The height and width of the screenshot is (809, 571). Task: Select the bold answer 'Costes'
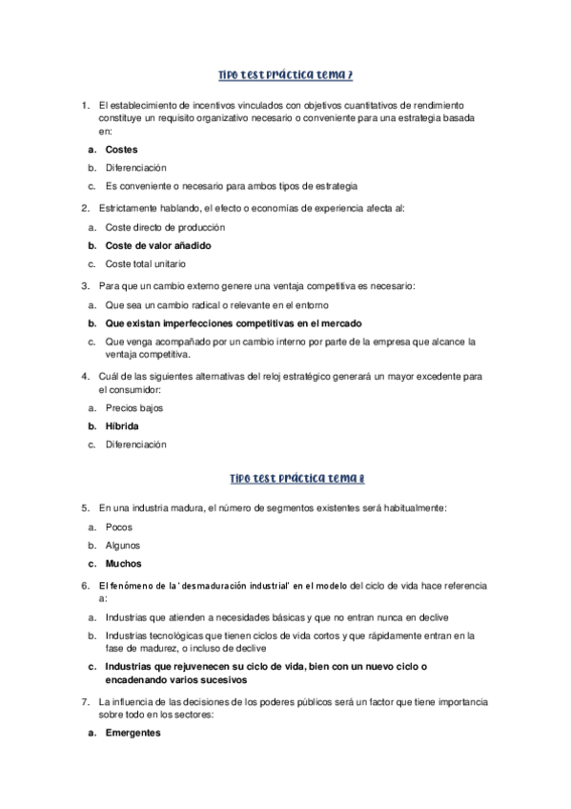(x=122, y=150)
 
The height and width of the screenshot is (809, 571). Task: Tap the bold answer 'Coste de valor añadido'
(x=157, y=246)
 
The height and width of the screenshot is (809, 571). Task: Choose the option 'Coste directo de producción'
(x=165, y=228)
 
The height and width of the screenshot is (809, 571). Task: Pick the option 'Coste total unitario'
(x=146, y=264)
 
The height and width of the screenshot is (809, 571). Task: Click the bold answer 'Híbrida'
(x=125, y=426)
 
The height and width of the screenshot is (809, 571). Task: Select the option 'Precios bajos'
(x=134, y=408)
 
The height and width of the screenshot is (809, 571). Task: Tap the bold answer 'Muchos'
(x=125, y=563)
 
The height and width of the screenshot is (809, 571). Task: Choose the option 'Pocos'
(x=119, y=527)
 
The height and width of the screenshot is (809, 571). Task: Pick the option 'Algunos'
(x=123, y=545)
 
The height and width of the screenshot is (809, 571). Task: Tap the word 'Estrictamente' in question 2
(x=127, y=209)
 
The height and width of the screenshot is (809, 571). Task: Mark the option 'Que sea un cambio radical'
(x=216, y=304)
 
